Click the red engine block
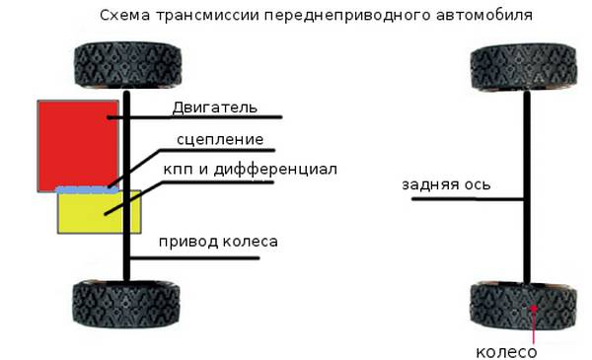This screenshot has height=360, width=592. (x=74, y=143)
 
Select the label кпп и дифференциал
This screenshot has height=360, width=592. (x=251, y=170)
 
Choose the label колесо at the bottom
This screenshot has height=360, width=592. (x=506, y=351)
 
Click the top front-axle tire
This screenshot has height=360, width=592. (x=128, y=65)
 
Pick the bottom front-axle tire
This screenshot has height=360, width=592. (x=128, y=307)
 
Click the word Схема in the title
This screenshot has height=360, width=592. (x=124, y=17)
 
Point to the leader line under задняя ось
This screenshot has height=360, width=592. (x=464, y=200)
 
